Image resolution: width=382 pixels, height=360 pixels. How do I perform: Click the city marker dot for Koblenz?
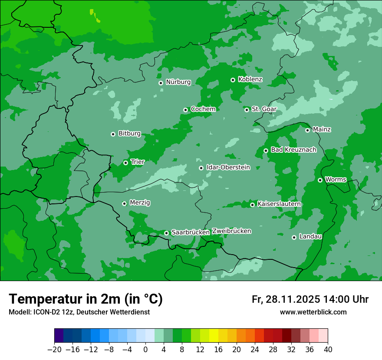click(x=233, y=80)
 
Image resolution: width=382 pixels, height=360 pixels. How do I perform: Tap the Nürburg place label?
click(x=178, y=82)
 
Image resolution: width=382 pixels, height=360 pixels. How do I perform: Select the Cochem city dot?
click(x=185, y=110)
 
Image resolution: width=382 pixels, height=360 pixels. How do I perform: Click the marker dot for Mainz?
click(x=307, y=130)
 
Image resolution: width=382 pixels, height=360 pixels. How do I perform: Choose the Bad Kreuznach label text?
click(x=293, y=150)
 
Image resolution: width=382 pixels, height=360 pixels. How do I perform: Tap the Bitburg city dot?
click(x=113, y=134)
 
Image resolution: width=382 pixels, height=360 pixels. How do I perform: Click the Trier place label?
click(x=138, y=162)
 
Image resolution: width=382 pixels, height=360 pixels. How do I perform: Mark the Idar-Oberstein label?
click(x=228, y=167)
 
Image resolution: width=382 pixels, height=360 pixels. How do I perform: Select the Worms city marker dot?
click(x=320, y=180)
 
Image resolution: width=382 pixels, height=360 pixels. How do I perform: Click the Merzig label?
click(x=140, y=203)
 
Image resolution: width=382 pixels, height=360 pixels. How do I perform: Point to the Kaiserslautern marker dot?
click(x=252, y=205)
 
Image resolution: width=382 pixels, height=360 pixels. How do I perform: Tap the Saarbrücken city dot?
click(x=166, y=233)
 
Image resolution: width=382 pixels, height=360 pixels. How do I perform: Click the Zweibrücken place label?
click(x=231, y=231)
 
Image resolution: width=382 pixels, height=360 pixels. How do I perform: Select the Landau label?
click(x=310, y=236)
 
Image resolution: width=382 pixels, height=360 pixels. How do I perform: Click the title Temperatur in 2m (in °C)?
click(x=86, y=299)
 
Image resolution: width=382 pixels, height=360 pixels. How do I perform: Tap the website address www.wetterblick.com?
click(x=313, y=312)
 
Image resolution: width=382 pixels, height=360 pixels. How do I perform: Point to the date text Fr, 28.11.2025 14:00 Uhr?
click(x=310, y=299)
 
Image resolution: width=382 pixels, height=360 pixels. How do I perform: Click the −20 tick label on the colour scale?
click(x=54, y=350)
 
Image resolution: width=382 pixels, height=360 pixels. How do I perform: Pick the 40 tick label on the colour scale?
click(x=328, y=350)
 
